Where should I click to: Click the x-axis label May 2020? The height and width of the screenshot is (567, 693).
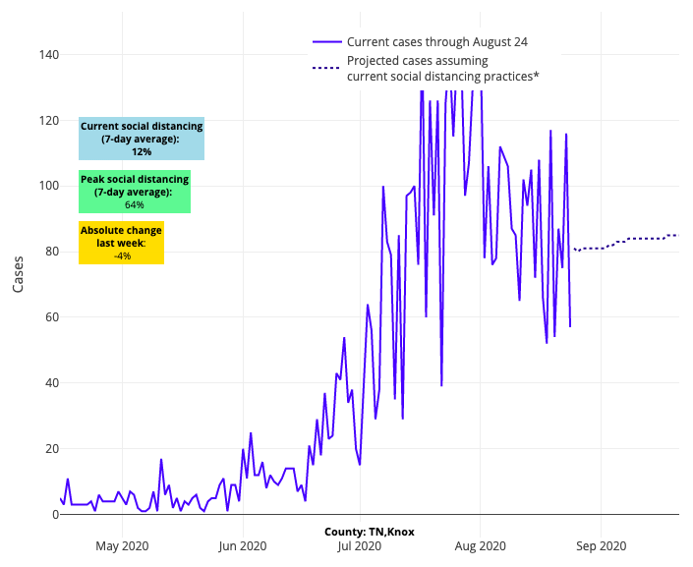tap(121, 545)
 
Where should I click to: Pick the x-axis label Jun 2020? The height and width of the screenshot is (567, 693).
tap(242, 545)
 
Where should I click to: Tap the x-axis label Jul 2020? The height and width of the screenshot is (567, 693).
tap(360, 545)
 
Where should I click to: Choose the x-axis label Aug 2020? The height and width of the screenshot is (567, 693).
tap(480, 545)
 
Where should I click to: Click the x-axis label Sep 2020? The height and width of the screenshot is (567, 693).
tap(601, 545)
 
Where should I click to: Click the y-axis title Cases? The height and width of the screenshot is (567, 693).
tap(19, 274)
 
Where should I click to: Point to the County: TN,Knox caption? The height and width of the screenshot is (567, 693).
tap(370, 532)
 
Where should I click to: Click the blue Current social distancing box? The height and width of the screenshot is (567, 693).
tap(142, 139)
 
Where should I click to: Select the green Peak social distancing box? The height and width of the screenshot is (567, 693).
tap(135, 192)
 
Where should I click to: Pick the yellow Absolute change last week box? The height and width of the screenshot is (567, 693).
tap(122, 243)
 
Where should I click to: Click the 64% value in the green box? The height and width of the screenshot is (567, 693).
tap(135, 205)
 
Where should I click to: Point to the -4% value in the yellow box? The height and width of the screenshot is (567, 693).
tap(122, 255)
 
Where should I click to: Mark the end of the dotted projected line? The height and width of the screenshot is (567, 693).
tap(677, 235)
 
